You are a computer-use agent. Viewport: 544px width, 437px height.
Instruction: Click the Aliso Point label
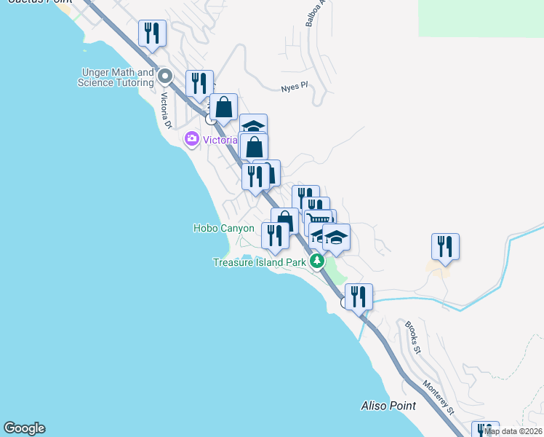coord(389,406)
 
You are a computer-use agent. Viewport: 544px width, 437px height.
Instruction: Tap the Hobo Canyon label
coord(224,228)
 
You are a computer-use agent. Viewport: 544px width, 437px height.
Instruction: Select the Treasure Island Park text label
coord(260,262)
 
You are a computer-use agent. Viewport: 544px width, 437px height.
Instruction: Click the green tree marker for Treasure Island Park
coord(316,261)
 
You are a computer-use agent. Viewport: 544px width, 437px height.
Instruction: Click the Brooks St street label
coord(413,336)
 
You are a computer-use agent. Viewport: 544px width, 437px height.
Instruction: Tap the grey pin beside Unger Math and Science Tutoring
coord(165,75)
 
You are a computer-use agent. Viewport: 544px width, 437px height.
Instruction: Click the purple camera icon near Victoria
coord(192,138)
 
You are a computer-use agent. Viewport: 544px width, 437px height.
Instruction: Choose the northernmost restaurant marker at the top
coord(153,34)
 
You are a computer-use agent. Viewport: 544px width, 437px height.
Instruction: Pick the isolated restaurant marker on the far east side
coord(445,247)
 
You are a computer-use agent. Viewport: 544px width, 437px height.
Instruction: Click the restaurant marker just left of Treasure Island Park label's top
coord(274,236)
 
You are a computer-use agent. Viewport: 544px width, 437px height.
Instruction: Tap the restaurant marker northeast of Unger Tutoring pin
coord(199,84)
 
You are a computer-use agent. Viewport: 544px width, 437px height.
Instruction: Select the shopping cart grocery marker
coord(319,219)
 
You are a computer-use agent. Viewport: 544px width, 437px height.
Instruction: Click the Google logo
coord(24,428)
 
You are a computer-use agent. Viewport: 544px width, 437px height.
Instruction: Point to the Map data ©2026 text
coord(513,431)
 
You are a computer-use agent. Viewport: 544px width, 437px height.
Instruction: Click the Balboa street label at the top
coord(311,13)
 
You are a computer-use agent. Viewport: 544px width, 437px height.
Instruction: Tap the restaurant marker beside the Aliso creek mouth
coord(359,297)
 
